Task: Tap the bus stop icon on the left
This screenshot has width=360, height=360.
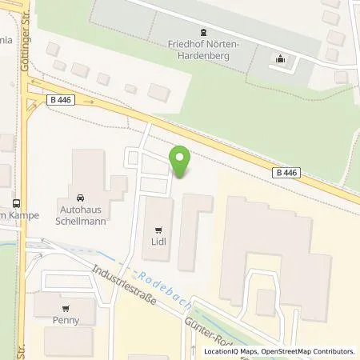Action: (x=16, y=203)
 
